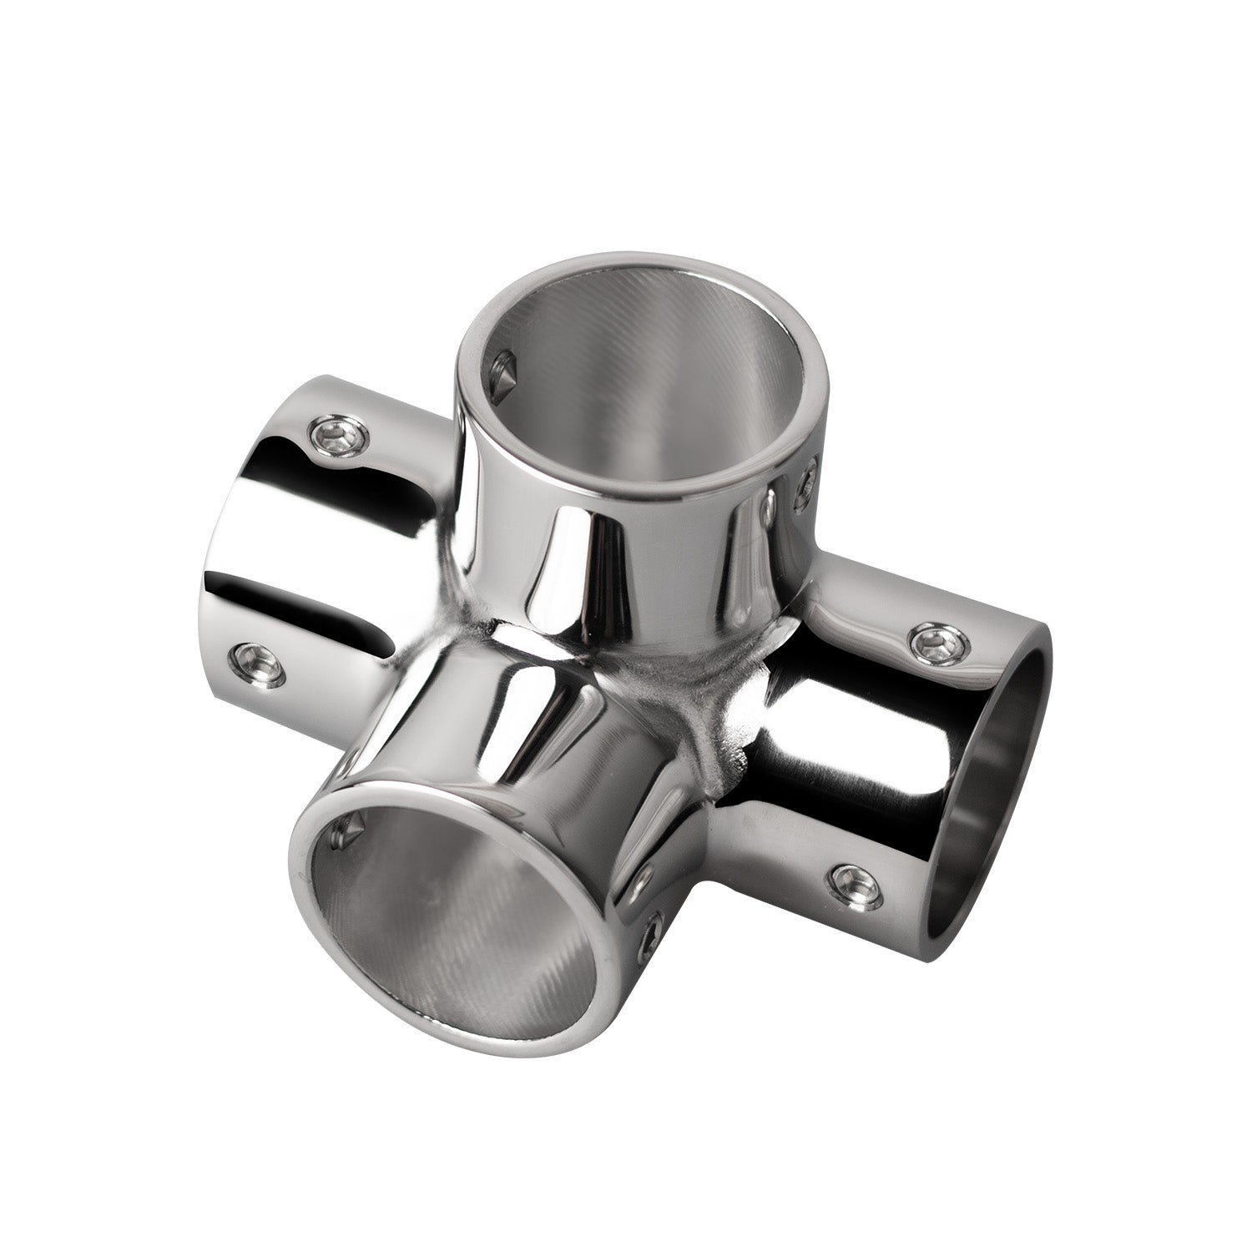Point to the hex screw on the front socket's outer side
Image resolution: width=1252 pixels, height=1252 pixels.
(654, 943)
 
